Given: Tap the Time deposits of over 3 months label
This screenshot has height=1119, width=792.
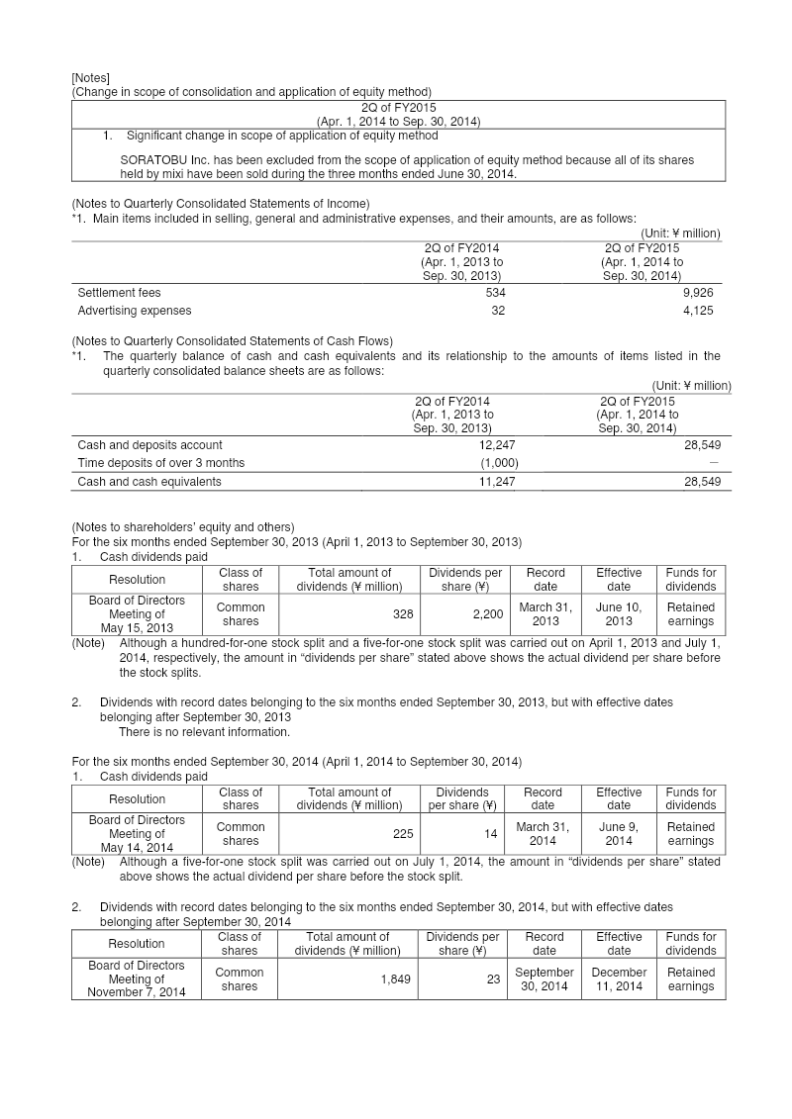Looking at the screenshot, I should (x=160, y=463).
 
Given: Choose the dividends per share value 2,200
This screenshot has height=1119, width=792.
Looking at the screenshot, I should (x=487, y=614).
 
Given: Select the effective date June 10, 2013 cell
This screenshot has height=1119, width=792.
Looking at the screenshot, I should (x=619, y=614).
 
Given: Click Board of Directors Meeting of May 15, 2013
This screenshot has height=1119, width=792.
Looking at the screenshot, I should (x=137, y=614).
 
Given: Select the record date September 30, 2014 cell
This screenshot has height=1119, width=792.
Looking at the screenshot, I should (x=544, y=979).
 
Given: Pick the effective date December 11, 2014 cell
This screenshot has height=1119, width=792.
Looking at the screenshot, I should (x=619, y=979).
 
